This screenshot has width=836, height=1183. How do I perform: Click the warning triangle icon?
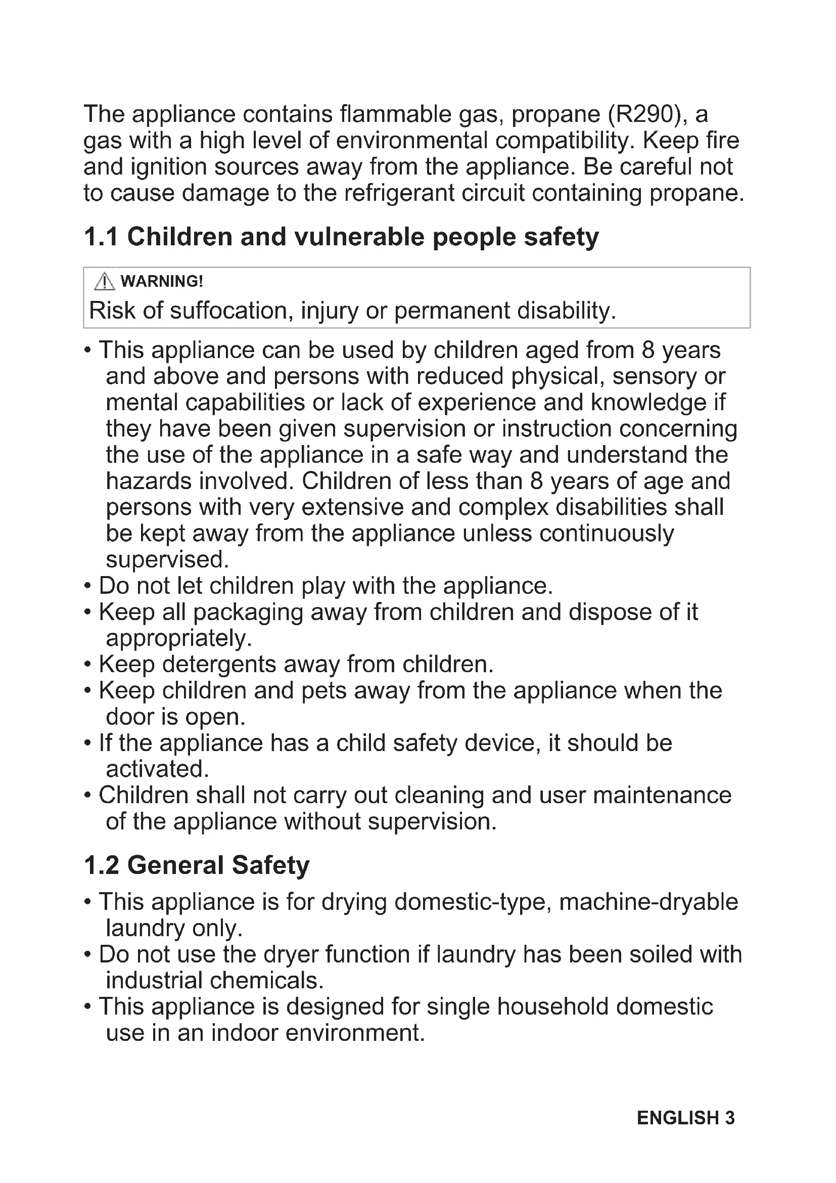click(105, 281)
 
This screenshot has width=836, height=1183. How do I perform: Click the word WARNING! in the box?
click(162, 281)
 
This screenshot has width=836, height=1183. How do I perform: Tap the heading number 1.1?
click(101, 237)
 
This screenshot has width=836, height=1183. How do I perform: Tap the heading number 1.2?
click(102, 865)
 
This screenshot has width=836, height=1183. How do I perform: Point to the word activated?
click(157, 769)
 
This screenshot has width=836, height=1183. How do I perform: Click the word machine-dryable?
click(648, 902)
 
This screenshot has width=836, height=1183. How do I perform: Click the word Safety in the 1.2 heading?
click(270, 865)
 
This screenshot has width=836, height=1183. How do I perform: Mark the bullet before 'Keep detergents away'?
click(87, 664)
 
